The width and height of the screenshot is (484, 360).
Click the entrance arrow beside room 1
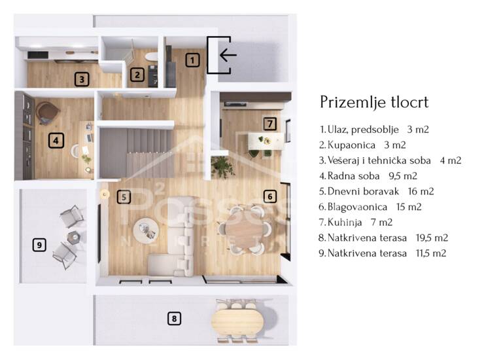pyautogui.click(x=228, y=56)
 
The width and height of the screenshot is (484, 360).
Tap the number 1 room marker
pyautogui.click(x=192, y=60)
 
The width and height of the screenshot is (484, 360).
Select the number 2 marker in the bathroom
pyautogui.click(x=137, y=75)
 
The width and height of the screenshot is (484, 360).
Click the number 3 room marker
pyautogui.click(x=82, y=79)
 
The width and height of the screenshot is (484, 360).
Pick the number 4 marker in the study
pyautogui.click(x=56, y=141)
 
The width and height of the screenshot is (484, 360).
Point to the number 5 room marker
pyautogui.click(x=124, y=197)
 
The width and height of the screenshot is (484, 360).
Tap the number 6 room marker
pyautogui.click(x=270, y=196)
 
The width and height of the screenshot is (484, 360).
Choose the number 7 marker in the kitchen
pyautogui.click(x=270, y=124)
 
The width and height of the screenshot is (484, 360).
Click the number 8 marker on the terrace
pyautogui.click(x=175, y=319)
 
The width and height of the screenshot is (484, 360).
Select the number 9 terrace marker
pyautogui.click(x=39, y=245)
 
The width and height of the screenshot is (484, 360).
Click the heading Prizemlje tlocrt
pyautogui.click(x=374, y=102)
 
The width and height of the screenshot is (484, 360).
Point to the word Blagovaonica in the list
pyautogui.click(x=357, y=207)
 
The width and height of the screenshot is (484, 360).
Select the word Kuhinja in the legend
pyautogui.click(x=345, y=222)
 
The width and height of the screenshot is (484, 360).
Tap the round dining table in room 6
pyautogui.click(x=245, y=230)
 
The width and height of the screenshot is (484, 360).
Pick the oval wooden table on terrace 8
pyautogui.click(x=237, y=321)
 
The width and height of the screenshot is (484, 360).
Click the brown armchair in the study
pyautogui.click(x=47, y=113)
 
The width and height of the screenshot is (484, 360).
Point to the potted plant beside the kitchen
pyautogui.click(x=222, y=166)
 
